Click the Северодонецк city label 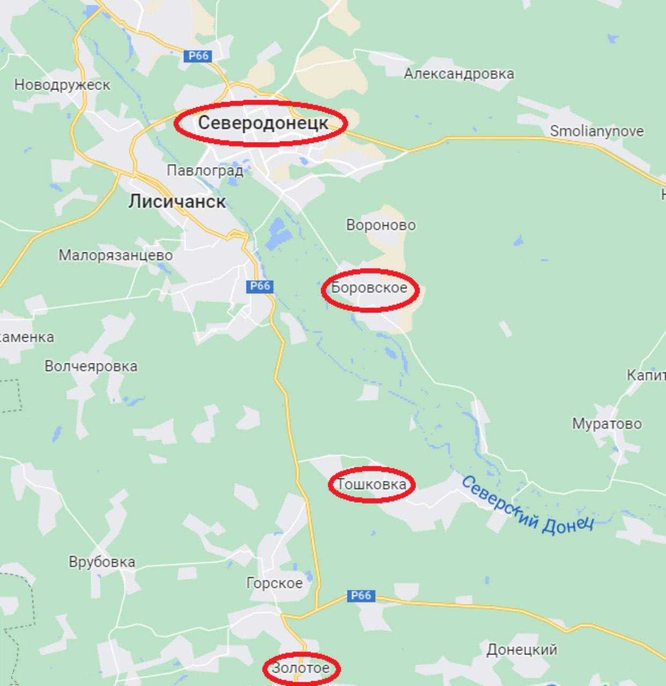tap(263, 123)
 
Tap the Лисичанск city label tap(177, 202)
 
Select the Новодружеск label tap(62, 85)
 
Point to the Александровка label tap(458, 73)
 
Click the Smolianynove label tap(596, 131)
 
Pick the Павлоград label tap(205, 170)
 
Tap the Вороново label tap(381, 225)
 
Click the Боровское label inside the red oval tap(369, 288)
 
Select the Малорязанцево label tap(115, 255)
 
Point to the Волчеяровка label tap(91, 366)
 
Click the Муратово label tap(606, 423)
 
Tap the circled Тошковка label tap(372, 484)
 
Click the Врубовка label tap(102, 562)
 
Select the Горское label tap(274, 583)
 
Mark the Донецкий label tap(521, 650)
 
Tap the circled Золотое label tap(300, 668)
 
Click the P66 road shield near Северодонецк tap(198, 56)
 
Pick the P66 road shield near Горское tap(360, 595)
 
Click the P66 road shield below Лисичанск tap(260, 286)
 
